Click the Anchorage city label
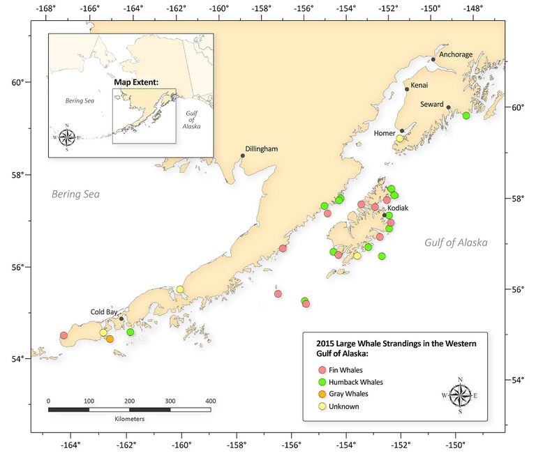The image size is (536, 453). click(x=456, y=54)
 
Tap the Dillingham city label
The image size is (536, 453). click(x=262, y=149)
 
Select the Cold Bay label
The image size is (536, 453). click(x=105, y=312)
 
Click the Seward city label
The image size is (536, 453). click(x=432, y=104)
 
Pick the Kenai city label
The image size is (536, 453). click(x=420, y=84)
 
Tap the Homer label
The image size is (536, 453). click(x=385, y=132)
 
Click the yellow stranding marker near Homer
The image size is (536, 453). click(x=400, y=139)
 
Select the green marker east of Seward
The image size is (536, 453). click(x=466, y=115)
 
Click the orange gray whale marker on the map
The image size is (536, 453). click(x=110, y=339)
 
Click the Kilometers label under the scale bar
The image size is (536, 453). click(x=129, y=420)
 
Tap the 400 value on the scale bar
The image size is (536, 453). click(x=210, y=401)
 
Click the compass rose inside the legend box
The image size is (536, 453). click(x=460, y=395)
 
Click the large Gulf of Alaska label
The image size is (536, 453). click(x=456, y=243)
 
